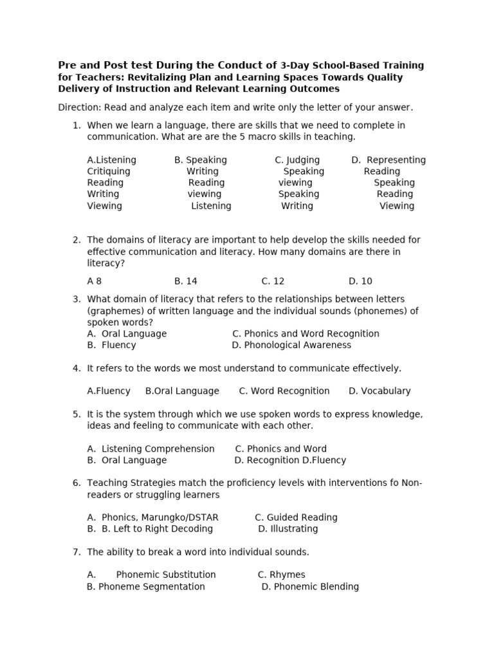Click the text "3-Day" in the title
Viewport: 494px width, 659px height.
pyautogui.click(x=294, y=66)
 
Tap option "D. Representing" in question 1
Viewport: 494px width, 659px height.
pyautogui.click(x=388, y=160)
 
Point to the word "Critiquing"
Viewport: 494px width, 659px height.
pyautogui.click(x=109, y=171)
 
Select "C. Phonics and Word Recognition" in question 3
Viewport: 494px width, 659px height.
pyautogui.click(x=306, y=333)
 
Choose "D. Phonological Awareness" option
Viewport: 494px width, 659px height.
pyautogui.click(x=291, y=345)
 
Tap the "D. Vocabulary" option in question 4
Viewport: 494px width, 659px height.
pyautogui.click(x=380, y=391)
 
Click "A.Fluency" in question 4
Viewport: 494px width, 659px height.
pyautogui.click(x=109, y=391)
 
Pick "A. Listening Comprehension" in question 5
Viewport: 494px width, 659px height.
pyautogui.click(x=151, y=449)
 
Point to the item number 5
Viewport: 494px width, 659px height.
pyautogui.click(x=76, y=414)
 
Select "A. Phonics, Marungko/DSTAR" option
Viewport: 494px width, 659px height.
pyautogui.click(x=153, y=517)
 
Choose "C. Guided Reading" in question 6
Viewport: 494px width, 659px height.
pyautogui.click(x=296, y=517)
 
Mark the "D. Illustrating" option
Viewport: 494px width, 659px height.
pyautogui.click(x=288, y=529)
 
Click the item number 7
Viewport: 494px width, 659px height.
pyautogui.click(x=76, y=552)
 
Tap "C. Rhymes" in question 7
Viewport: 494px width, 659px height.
pyautogui.click(x=281, y=575)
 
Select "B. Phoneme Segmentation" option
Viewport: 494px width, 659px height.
pyautogui.click(x=146, y=586)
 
